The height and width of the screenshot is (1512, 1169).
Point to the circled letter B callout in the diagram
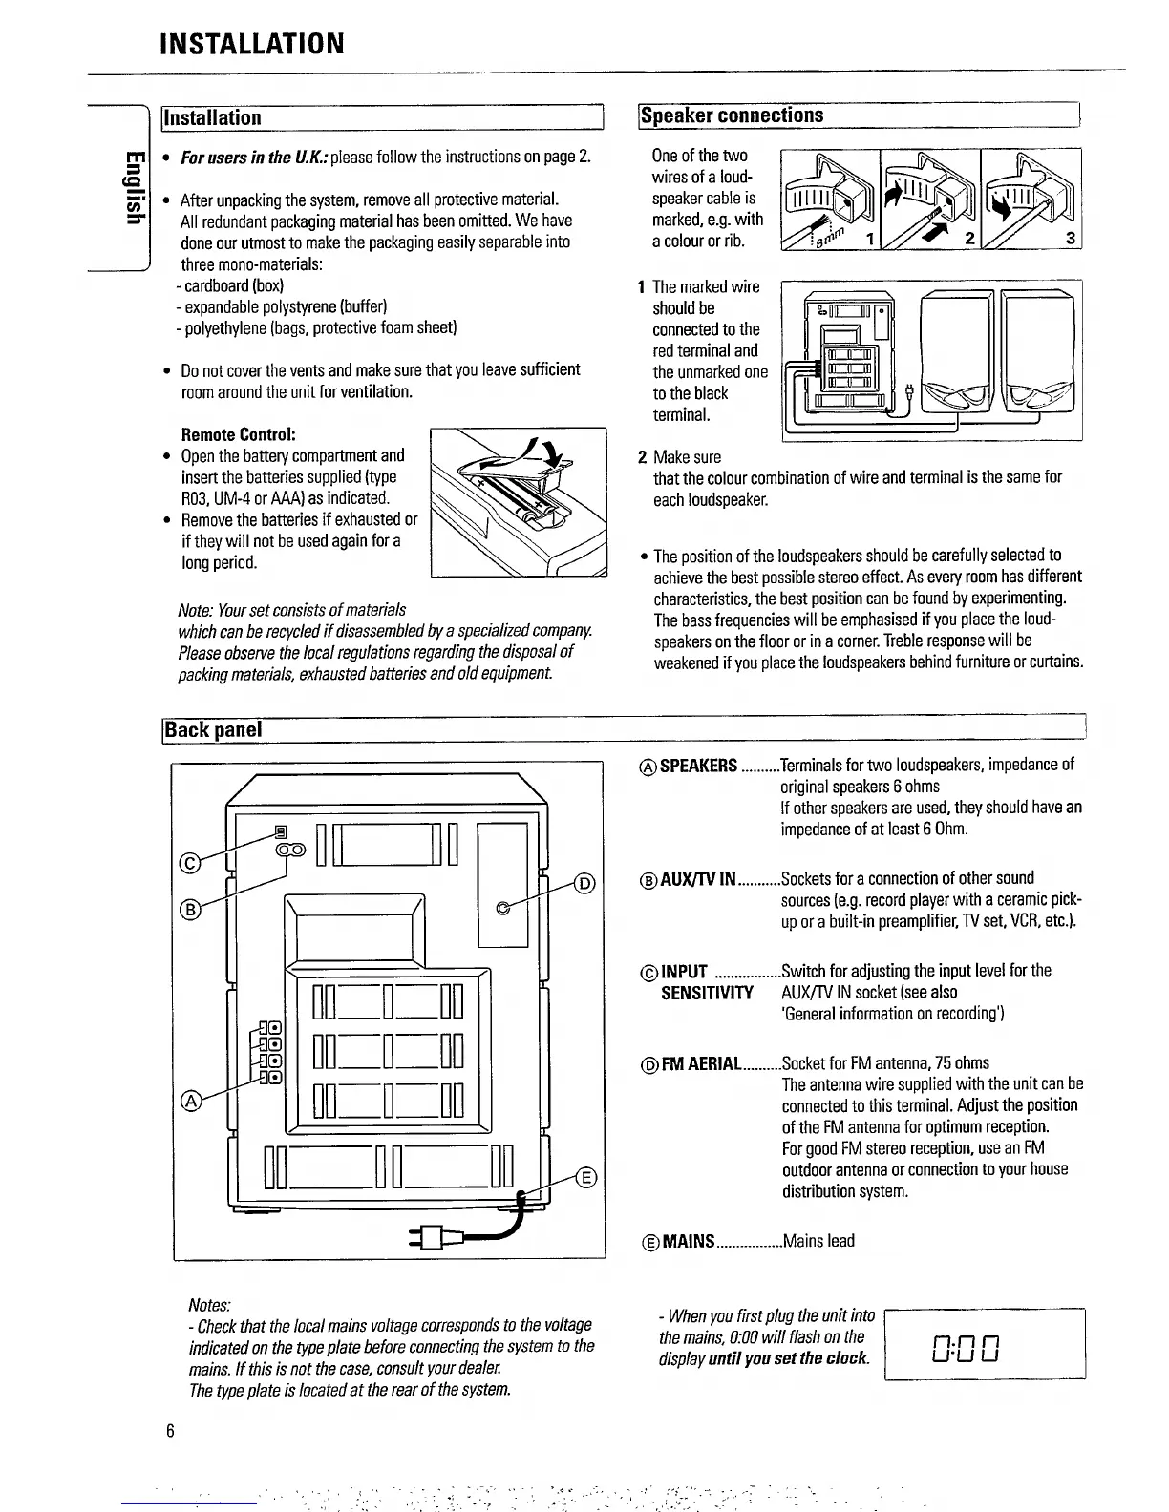pos(189,909)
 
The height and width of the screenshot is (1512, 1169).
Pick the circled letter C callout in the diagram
pos(189,864)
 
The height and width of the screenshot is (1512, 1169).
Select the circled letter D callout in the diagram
pos(586,882)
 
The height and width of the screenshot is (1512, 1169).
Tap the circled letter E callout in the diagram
pos(586,1177)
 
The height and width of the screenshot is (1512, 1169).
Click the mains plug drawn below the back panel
pos(428,1238)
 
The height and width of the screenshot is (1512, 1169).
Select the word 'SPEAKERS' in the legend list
pos(698,766)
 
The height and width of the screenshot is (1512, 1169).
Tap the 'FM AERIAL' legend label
pos(701,1063)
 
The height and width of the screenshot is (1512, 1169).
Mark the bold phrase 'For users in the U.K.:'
pos(242,157)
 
